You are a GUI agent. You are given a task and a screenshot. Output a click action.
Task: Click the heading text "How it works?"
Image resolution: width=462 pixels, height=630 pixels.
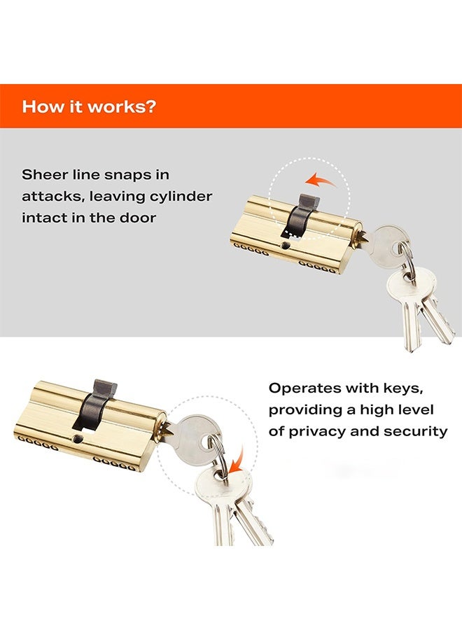point(89,107)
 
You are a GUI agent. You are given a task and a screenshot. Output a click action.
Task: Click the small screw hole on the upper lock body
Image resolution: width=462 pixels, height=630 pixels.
point(286,246)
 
